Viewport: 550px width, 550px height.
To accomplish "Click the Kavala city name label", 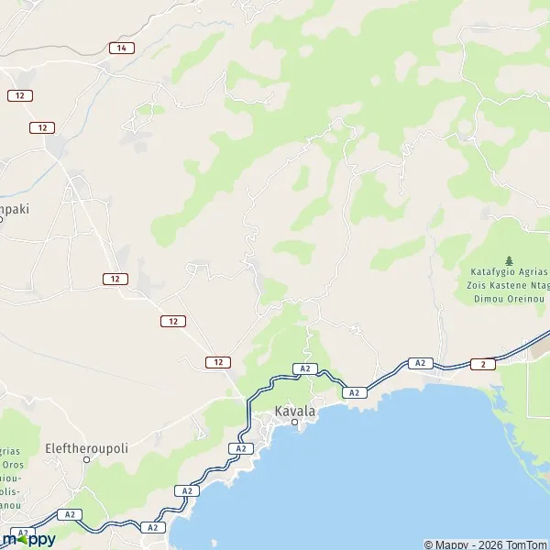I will [295, 412].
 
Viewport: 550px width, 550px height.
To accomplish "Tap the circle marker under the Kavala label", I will [295, 423].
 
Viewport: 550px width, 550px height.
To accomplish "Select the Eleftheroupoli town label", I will [87, 449].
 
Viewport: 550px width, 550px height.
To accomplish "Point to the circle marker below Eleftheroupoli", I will [87, 459].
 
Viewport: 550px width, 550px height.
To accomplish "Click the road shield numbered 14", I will [120, 48].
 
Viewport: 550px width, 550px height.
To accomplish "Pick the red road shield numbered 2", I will [483, 364].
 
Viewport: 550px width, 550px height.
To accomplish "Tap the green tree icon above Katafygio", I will [510, 261].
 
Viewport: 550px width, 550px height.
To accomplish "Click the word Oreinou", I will [528, 297].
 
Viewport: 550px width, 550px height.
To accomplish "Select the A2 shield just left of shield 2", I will [419, 363].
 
